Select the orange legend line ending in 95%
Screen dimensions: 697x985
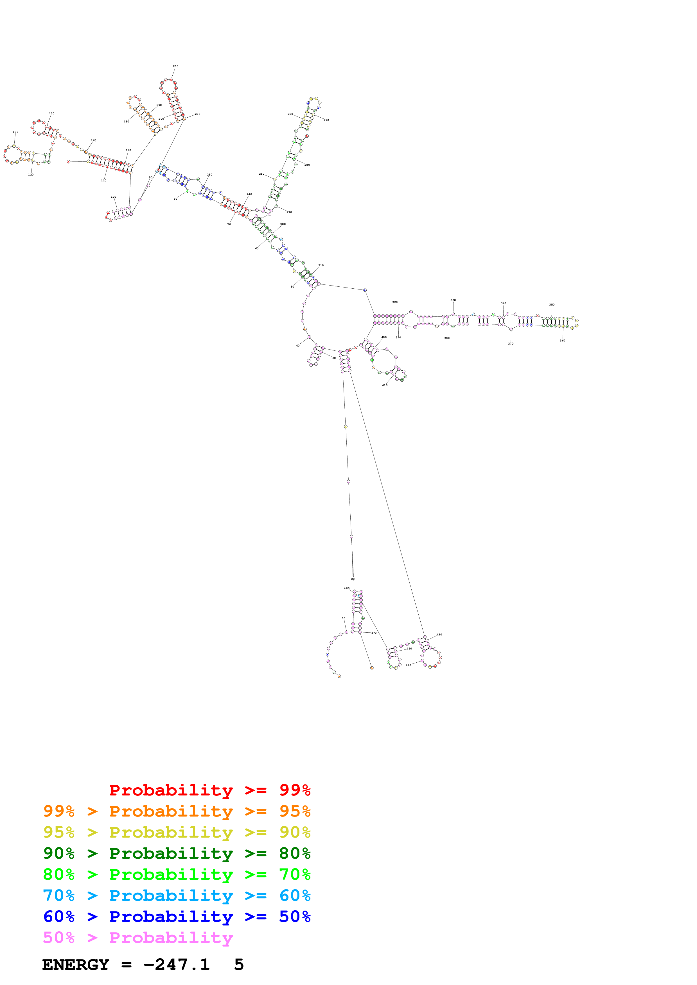coord(177,811)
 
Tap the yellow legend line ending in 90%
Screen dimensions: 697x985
coord(177,832)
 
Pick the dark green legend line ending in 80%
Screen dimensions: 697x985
coord(177,853)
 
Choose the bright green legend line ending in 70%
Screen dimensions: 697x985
coord(177,874)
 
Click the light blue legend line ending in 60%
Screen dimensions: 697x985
coord(177,895)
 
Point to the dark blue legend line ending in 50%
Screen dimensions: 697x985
coord(177,916)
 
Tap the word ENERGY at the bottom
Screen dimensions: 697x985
coord(76,965)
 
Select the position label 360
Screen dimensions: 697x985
coord(563,341)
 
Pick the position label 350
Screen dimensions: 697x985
coord(552,305)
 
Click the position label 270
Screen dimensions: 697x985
coord(326,120)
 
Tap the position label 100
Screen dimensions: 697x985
coord(113,197)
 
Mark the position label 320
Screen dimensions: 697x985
coord(395,302)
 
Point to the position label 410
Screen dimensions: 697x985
coord(385,385)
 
